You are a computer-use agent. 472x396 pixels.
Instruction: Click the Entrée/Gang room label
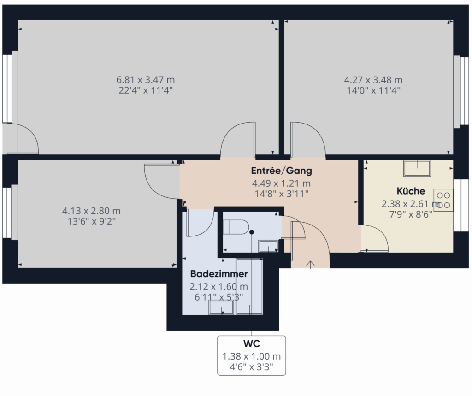[282, 171]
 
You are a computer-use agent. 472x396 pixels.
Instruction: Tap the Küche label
[411, 191]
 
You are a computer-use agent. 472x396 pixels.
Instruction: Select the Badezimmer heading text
[219, 274]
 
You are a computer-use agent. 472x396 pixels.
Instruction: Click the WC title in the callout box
[251, 343]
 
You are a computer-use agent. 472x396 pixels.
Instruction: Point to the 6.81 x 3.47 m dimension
[145, 80]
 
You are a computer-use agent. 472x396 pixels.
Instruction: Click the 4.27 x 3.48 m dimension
[373, 80]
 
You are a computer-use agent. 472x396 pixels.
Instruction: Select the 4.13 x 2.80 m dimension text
[91, 211]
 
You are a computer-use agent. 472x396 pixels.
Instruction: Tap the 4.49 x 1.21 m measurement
[282, 183]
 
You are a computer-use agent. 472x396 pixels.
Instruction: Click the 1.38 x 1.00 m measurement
[251, 356]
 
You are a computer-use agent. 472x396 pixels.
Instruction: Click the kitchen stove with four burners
[443, 200]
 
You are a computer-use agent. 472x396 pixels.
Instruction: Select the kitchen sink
[417, 168]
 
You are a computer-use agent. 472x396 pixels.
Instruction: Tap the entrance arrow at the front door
[310, 264]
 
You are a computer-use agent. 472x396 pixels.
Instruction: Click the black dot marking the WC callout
[252, 232]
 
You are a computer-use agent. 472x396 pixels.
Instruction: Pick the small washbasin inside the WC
[269, 246]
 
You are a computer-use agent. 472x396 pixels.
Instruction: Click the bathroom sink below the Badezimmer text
[222, 308]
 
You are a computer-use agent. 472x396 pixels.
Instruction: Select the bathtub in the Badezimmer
[249, 286]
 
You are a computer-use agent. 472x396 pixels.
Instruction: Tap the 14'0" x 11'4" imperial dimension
[373, 90]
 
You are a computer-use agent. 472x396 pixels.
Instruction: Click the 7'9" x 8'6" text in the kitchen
[411, 214]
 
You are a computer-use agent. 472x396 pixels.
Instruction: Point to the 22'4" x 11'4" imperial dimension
[145, 90]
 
